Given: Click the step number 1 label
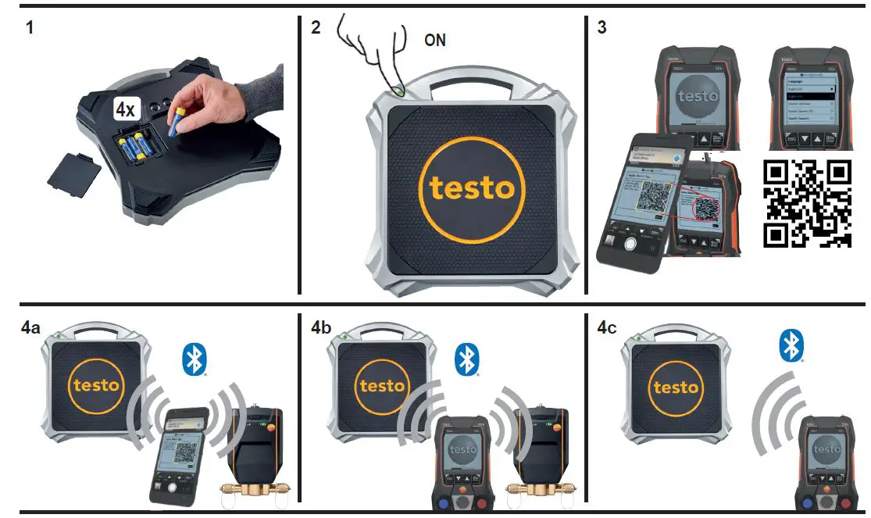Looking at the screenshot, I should click(29, 29).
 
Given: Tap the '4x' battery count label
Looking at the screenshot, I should click(125, 109).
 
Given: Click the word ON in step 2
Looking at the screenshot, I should click(434, 40).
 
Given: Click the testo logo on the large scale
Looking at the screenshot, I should click(467, 188).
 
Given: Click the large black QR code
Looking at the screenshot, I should click(806, 203).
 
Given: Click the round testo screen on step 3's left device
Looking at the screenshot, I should click(698, 98).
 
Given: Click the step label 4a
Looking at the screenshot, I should click(31, 328).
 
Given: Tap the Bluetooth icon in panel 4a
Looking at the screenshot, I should click(194, 359).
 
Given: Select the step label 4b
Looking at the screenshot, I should click(321, 328).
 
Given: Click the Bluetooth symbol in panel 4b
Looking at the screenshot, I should click(467, 359).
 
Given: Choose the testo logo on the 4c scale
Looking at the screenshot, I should click(675, 387).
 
